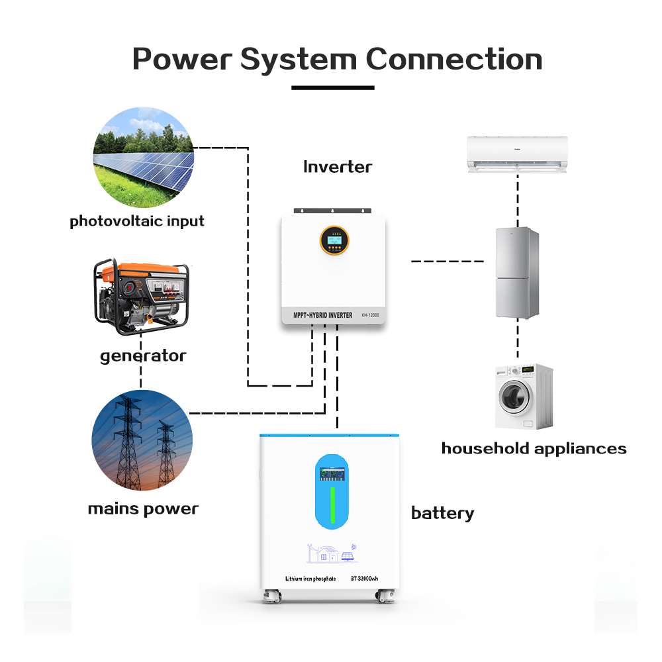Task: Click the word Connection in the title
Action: click(x=454, y=59)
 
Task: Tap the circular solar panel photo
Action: click(x=143, y=157)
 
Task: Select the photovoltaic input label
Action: click(x=137, y=221)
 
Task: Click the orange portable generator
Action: click(x=141, y=297)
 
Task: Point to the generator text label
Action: click(x=143, y=356)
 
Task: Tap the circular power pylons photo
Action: click(x=142, y=440)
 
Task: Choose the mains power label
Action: click(x=143, y=509)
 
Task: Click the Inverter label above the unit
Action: click(x=338, y=167)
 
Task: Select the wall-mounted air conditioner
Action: click(x=518, y=154)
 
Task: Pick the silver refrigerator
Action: click(x=517, y=273)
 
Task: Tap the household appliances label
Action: click(x=534, y=449)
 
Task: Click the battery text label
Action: click(x=442, y=513)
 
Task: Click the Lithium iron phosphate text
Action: click(x=310, y=579)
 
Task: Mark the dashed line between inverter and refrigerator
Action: click(x=448, y=261)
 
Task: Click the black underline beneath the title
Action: click(x=333, y=87)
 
